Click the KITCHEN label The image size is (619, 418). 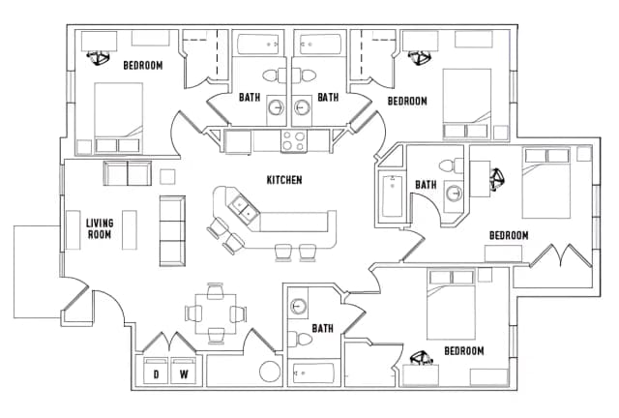point(284,180)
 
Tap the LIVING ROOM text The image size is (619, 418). point(100,229)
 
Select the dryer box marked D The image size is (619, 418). point(155,373)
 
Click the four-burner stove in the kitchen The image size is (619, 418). point(294,141)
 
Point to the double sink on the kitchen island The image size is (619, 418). point(242,207)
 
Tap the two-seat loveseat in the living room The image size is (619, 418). point(128,174)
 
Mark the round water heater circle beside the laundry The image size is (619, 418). point(271,373)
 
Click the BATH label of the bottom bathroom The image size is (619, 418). point(322,329)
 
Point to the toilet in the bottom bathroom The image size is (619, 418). point(303,339)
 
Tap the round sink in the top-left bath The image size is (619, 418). point(276,107)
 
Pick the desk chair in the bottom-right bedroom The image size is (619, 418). point(423,360)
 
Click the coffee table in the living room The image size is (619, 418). point(129,228)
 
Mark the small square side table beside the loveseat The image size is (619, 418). point(167,176)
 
